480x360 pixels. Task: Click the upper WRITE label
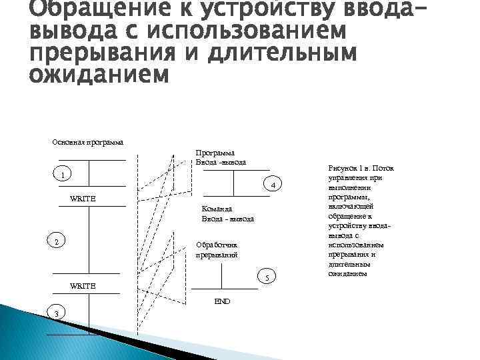pos(83,199)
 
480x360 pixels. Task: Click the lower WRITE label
pos(83,285)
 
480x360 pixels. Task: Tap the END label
pos(222,301)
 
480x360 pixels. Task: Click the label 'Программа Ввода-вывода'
pos(221,158)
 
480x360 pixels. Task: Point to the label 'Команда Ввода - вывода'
pos(228,213)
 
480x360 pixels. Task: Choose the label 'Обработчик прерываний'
pos(217,250)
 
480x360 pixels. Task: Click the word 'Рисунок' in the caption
pos(342,169)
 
